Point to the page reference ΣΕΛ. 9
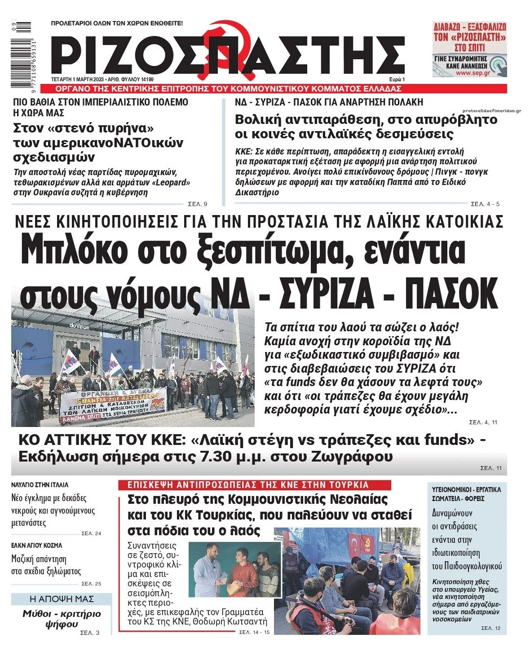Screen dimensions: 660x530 [x=197, y=204]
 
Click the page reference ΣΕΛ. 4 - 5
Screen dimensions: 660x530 [x=485, y=204]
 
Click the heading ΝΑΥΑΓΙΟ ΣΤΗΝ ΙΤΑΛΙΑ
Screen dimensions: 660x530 [x=40, y=485]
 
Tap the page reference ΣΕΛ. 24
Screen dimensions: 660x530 [x=91, y=533]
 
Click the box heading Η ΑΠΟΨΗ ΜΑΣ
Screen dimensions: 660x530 [x=62, y=599]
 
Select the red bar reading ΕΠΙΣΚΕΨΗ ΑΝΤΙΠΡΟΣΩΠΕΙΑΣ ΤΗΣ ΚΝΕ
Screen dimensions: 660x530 [x=254, y=485]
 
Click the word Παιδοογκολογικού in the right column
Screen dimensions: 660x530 [x=467, y=566]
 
